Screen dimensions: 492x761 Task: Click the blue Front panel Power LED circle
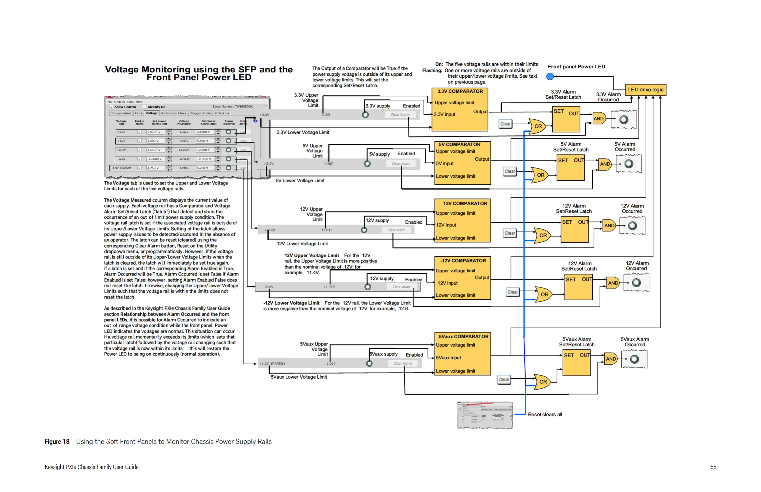(550, 76)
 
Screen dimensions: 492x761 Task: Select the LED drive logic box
(645, 90)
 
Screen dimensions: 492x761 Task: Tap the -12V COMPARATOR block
(462, 278)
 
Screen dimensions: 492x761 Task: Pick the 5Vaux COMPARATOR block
(462, 353)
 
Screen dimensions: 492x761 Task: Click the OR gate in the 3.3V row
(537, 126)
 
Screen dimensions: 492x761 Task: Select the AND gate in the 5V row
(604, 164)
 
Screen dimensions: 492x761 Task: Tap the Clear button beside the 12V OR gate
(510, 233)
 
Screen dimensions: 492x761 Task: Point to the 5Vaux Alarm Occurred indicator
(634, 359)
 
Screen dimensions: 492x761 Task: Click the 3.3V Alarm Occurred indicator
(624, 120)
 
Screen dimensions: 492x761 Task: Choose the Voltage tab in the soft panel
(152, 113)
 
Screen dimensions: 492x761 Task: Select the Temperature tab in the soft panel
(121, 113)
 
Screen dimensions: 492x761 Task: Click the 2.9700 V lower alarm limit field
(155, 132)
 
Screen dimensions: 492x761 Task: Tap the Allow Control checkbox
(112, 107)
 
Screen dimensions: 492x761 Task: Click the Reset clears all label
(545, 414)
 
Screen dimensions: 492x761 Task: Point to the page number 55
(713, 467)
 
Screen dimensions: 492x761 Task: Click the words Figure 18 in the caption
(57, 441)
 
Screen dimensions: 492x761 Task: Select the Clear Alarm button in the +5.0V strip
(401, 164)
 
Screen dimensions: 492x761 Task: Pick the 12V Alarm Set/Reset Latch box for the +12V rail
(574, 230)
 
